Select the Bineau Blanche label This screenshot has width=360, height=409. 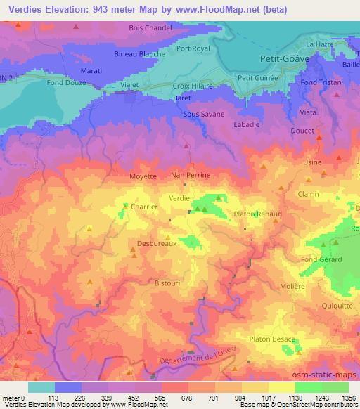tap(140, 53)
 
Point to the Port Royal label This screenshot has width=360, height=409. tap(194, 49)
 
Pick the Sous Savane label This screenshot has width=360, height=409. tap(203, 114)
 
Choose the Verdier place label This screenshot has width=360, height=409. tap(181, 199)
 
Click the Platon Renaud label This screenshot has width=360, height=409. tap(257, 214)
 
